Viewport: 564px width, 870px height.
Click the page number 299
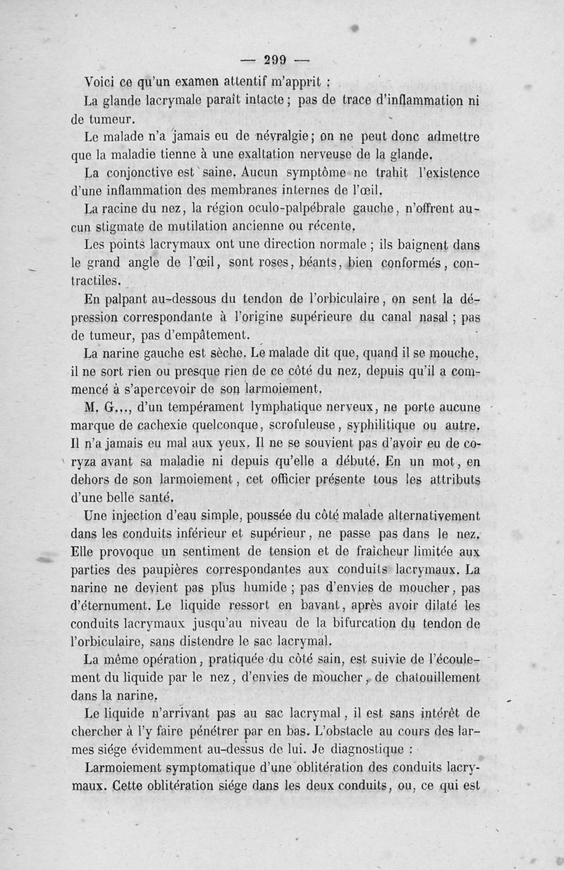pos(277,61)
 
